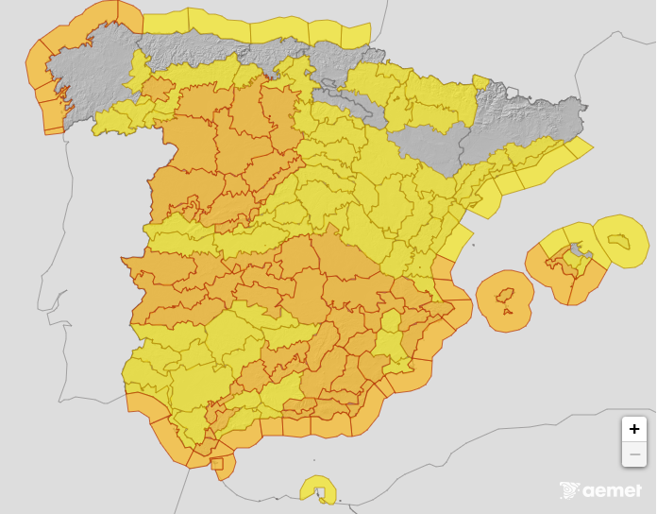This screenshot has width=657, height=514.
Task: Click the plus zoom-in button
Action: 633,429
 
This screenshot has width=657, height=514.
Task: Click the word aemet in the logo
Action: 613,490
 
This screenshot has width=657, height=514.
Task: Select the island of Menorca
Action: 621,242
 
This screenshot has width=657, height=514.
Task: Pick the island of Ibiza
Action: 506,295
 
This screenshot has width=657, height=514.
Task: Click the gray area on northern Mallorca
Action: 578,251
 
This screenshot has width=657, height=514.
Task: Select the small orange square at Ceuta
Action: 217,463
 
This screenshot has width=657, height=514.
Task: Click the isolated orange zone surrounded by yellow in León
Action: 158,90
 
